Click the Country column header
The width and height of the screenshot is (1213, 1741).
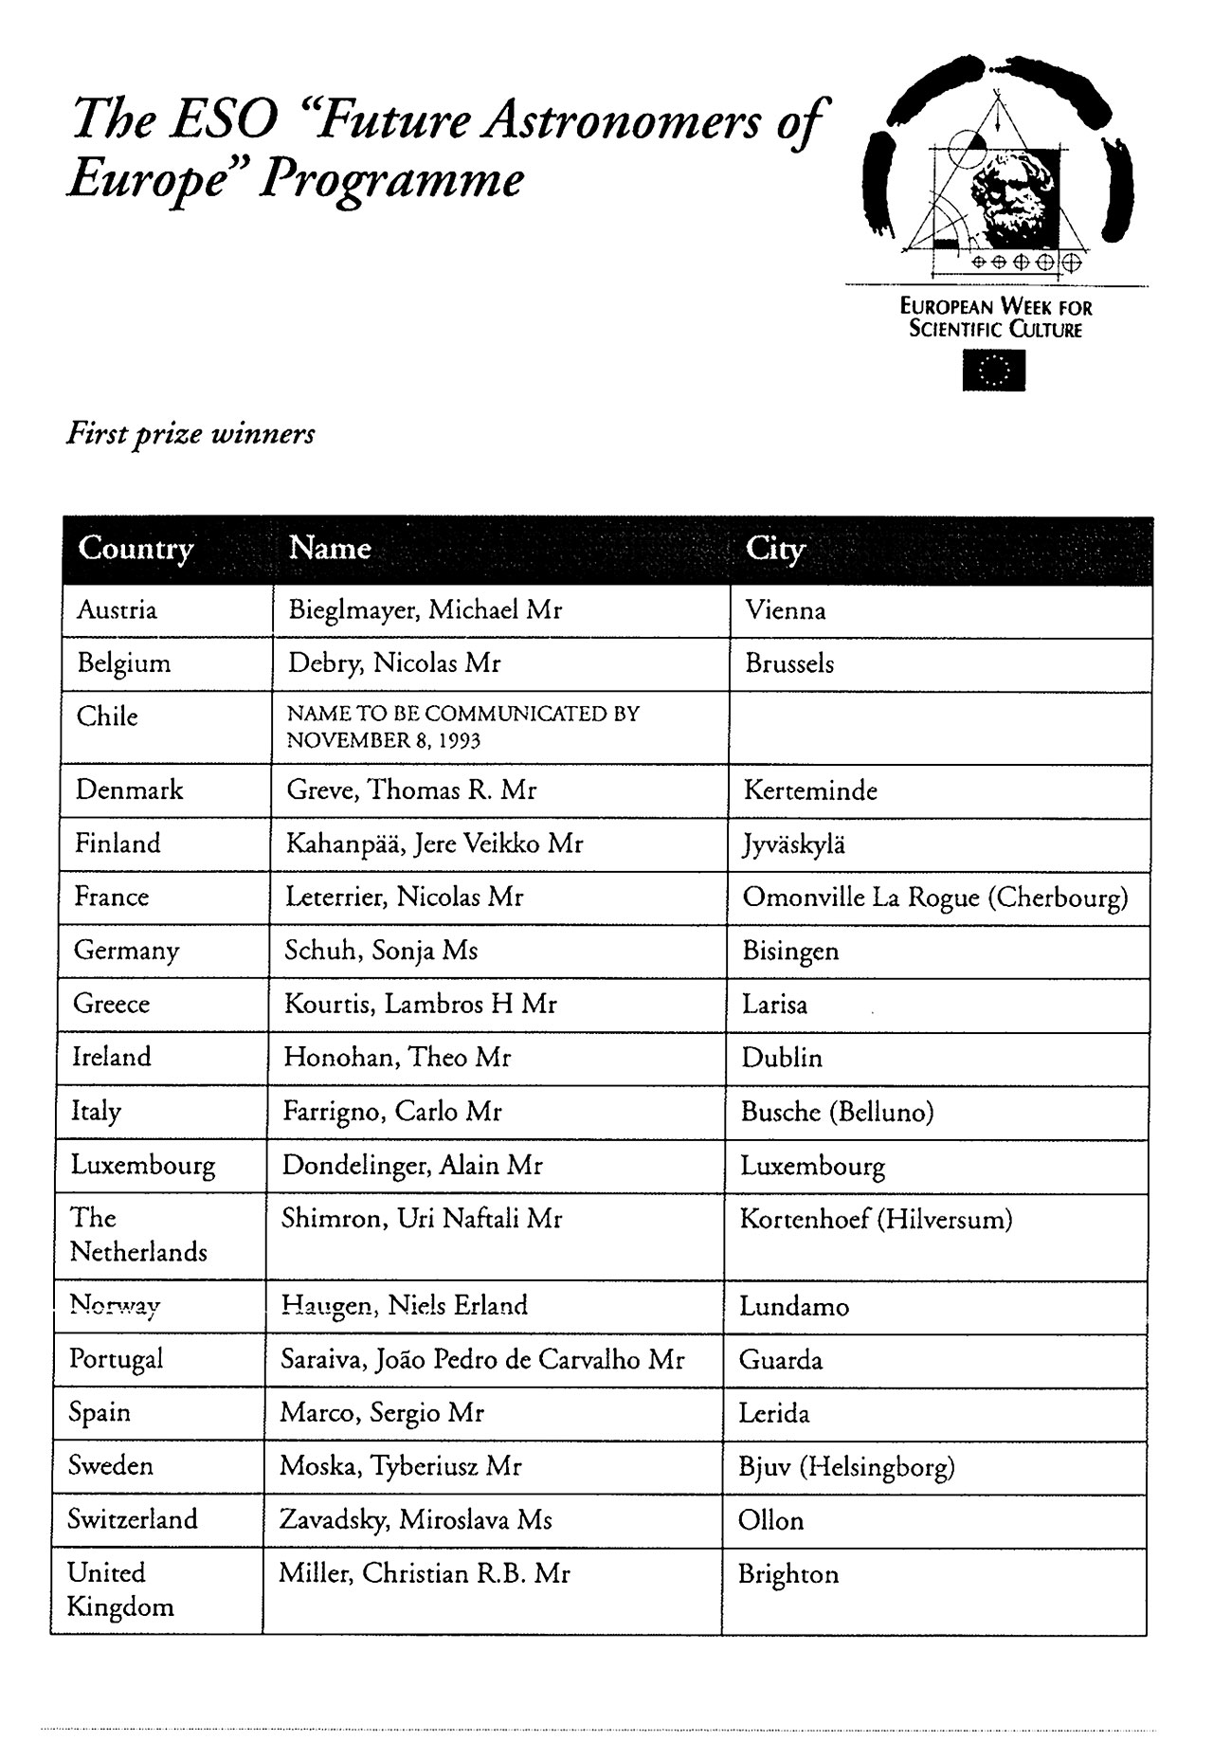pos(136,549)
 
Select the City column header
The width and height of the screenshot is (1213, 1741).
pos(775,549)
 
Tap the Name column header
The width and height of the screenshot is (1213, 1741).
pos(329,549)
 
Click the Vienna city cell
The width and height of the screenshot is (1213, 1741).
pos(786,610)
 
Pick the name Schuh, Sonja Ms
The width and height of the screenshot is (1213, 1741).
pos(381,951)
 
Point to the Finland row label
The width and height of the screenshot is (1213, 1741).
pos(118,843)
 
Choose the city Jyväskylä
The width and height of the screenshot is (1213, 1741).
pos(793,844)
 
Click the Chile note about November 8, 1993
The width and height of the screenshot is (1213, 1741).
pos(462,727)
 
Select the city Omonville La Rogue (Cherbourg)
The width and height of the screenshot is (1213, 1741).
pos(934,898)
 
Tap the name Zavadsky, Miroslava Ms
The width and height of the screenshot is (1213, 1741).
pos(415,1520)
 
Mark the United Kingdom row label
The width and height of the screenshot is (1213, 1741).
pos(119,1589)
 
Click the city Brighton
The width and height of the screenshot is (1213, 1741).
pos(788,1574)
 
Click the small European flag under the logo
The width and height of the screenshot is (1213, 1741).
pos(993,371)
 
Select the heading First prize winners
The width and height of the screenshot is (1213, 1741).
pos(190,435)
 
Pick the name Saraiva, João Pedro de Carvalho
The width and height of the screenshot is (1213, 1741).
pos(481,1360)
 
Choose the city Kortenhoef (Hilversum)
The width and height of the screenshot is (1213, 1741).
pos(876,1219)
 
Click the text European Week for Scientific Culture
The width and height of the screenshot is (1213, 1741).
pos(995,318)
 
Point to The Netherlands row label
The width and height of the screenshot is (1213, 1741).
pos(138,1235)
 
